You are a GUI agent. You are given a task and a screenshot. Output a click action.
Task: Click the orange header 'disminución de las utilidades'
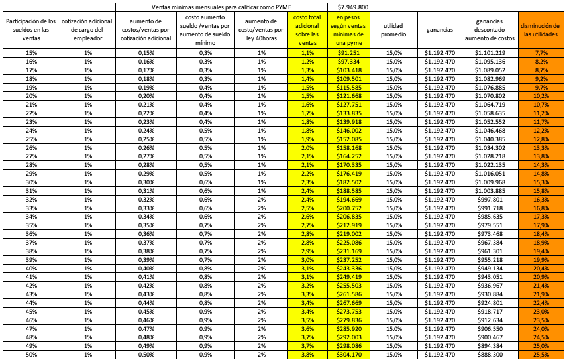click(541, 30)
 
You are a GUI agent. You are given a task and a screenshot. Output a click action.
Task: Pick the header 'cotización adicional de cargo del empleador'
click(87, 30)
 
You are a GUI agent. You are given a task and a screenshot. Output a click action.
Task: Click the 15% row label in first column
click(30, 52)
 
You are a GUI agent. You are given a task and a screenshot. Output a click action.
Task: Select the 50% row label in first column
click(30, 355)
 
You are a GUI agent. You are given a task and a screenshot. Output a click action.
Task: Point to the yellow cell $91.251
click(348, 52)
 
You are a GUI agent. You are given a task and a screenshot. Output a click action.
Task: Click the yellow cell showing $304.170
click(348, 355)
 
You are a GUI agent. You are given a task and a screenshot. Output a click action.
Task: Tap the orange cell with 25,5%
click(541, 355)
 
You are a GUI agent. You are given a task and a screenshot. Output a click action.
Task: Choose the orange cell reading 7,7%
click(541, 52)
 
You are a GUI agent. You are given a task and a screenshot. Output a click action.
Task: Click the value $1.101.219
click(491, 52)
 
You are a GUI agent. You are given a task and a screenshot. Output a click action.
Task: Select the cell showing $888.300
click(491, 355)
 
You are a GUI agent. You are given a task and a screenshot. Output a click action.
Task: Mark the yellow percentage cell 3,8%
click(307, 355)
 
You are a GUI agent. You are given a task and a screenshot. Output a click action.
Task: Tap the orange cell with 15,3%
click(541, 182)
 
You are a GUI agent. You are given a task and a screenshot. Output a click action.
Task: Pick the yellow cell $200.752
click(348, 208)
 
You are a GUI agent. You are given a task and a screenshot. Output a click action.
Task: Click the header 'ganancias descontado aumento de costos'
click(491, 30)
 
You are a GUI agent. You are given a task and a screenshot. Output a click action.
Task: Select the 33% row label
click(30, 208)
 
